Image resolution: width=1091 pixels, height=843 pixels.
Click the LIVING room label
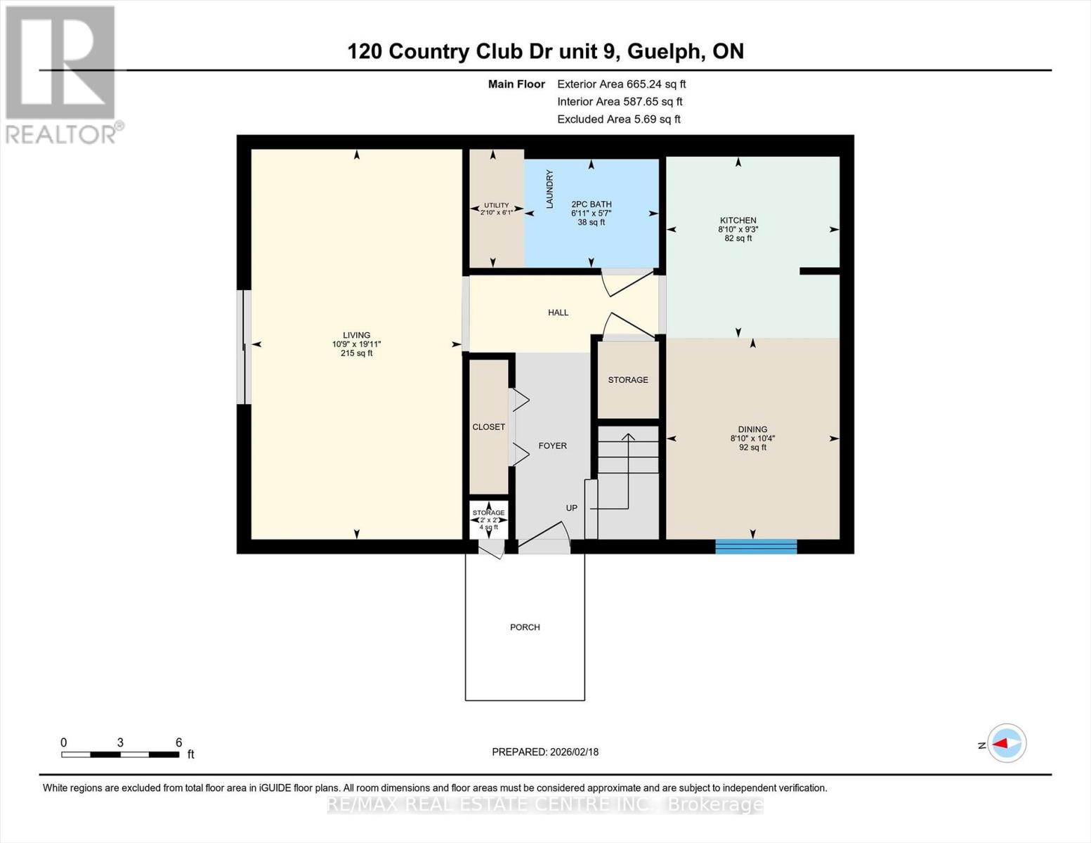click(356, 336)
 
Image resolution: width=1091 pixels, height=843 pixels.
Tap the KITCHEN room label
click(738, 221)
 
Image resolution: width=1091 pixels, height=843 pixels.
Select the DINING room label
click(752, 429)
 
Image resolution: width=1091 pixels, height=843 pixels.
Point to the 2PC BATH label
click(591, 204)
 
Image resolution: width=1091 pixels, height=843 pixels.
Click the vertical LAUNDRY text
click(550, 189)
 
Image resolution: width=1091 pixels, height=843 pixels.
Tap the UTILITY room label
click(496, 205)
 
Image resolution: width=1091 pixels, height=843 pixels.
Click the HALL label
click(558, 313)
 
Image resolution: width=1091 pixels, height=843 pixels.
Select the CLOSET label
click(489, 427)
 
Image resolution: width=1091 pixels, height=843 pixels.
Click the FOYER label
click(552, 445)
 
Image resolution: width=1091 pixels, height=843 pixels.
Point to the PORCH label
click(525, 627)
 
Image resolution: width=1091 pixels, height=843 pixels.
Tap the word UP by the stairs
click(572, 508)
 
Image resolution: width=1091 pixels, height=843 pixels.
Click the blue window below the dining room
click(756, 547)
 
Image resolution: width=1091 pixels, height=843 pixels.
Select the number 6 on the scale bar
click(179, 743)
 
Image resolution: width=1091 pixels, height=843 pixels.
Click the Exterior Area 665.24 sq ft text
click(621, 84)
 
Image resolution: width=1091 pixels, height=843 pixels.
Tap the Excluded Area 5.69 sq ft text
click(618, 119)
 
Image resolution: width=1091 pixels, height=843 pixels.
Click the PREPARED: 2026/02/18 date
click(545, 752)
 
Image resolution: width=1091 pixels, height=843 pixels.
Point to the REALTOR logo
click(62, 74)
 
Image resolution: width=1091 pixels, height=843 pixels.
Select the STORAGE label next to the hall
click(628, 380)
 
